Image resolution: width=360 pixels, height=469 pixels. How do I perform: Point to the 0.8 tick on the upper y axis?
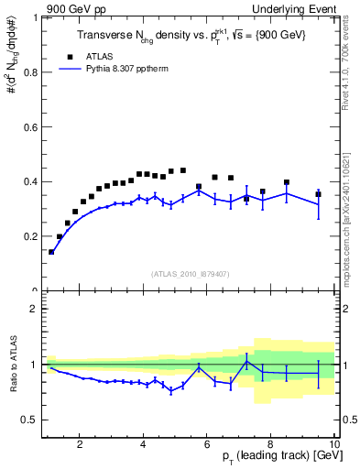tap(29, 71)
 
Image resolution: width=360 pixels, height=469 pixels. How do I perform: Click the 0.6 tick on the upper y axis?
tap(29, 126)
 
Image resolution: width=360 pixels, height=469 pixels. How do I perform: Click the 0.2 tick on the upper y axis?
tap(29, 236)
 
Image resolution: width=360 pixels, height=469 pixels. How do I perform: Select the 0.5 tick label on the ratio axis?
tap(29, 420)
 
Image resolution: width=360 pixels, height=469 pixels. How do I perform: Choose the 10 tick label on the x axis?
tap(333, 443)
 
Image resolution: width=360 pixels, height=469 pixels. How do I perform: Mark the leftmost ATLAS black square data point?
tap(51, 252)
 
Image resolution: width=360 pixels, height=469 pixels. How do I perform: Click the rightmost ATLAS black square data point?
tap(318, 194)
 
